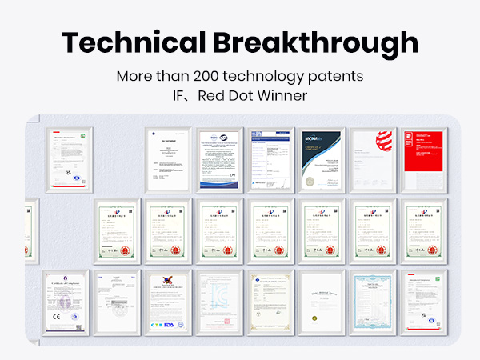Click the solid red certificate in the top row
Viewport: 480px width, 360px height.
[x=421, y=158]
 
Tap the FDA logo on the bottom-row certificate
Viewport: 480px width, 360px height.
[x=180, y=324]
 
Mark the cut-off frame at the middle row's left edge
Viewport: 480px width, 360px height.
[x=31, y=230]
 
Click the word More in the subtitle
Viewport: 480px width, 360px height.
[x=133, y=78]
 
